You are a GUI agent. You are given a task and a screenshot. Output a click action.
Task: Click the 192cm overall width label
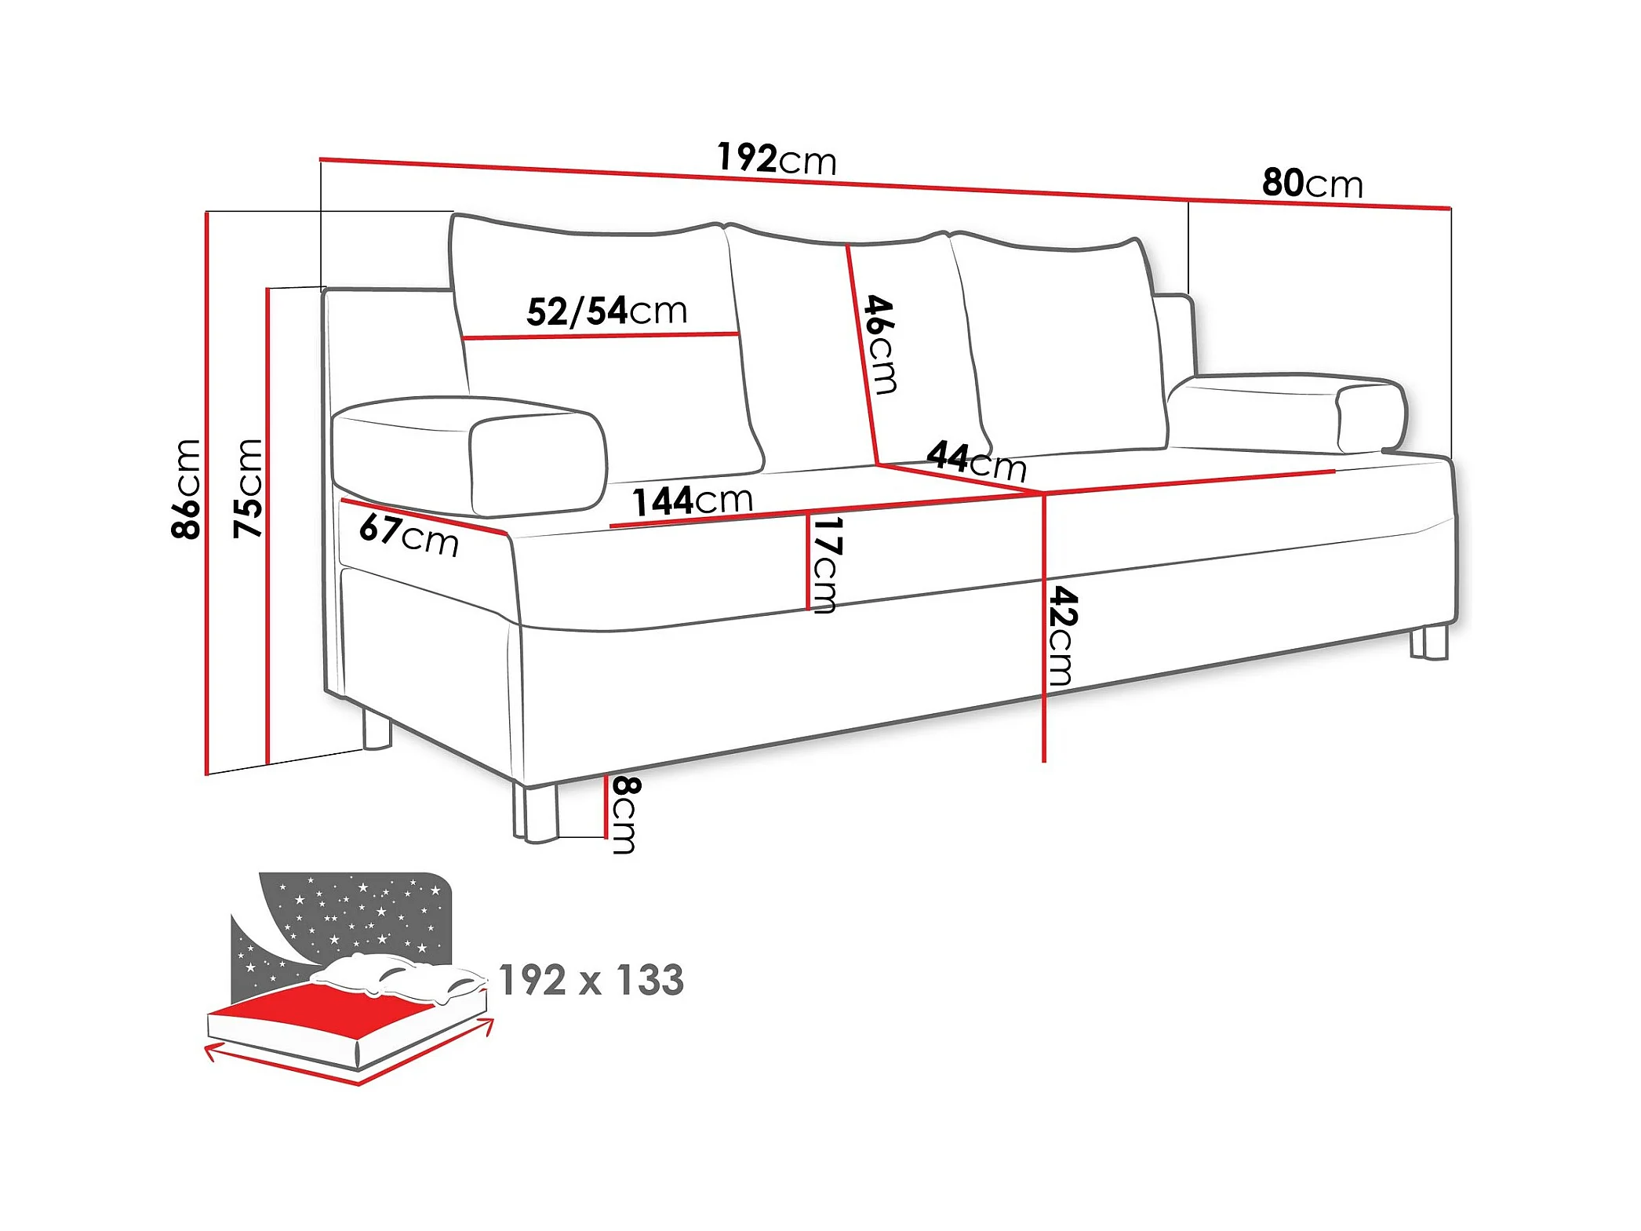(x=777, y=159)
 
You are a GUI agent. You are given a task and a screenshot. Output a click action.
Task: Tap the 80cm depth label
(x=1312, y=184)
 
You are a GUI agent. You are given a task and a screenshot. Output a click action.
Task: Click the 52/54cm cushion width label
(x=606, y=311)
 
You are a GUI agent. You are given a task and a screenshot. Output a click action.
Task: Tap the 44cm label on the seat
(x=977, y=461)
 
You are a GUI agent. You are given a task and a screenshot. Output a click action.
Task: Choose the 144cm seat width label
(x=693, y=501)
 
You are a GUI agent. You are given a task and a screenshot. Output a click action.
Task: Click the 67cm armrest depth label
(x=409, y=535)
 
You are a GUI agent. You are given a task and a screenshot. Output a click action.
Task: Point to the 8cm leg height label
(x=625, y=814)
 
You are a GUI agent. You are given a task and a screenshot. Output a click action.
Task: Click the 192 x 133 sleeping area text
(x=591, y=981)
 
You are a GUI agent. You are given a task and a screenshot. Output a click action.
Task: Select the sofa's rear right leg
(x=1429, y=642)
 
